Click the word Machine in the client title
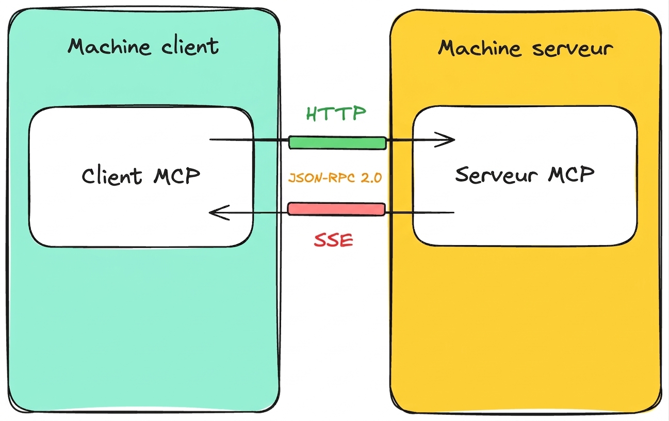click(109, 46)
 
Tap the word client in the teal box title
click(190, 46)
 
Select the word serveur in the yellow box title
click(573, 48)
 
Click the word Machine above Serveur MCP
click(480, 48)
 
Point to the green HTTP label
click(336, 113)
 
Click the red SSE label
click(334, 240)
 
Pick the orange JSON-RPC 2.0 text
click(335, 178)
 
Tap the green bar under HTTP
click(337, 143)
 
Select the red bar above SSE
click(336, 209)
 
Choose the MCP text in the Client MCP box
click(177, 175)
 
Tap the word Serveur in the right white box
click(496, 174)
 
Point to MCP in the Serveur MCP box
click(571, 174)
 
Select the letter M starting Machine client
click(78, 46)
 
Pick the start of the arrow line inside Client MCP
click(210, 139)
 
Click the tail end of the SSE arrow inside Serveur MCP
click(454, 213)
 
